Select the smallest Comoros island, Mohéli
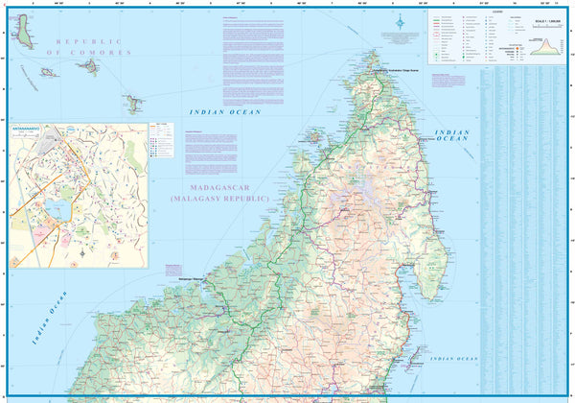click(47, 72)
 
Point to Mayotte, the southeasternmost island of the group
click(131, 101)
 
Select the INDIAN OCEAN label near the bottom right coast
click(451, 359)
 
